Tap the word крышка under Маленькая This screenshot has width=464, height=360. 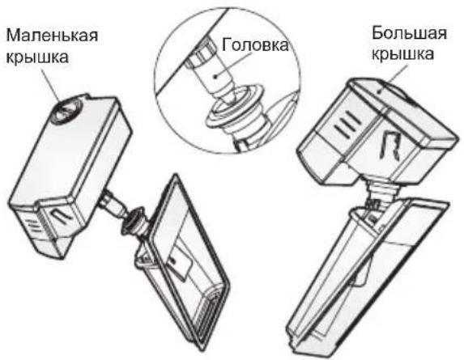(x=38, y=59)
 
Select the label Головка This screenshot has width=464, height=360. (x=253, y=47)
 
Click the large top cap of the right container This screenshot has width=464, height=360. (x=381, y=98)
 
